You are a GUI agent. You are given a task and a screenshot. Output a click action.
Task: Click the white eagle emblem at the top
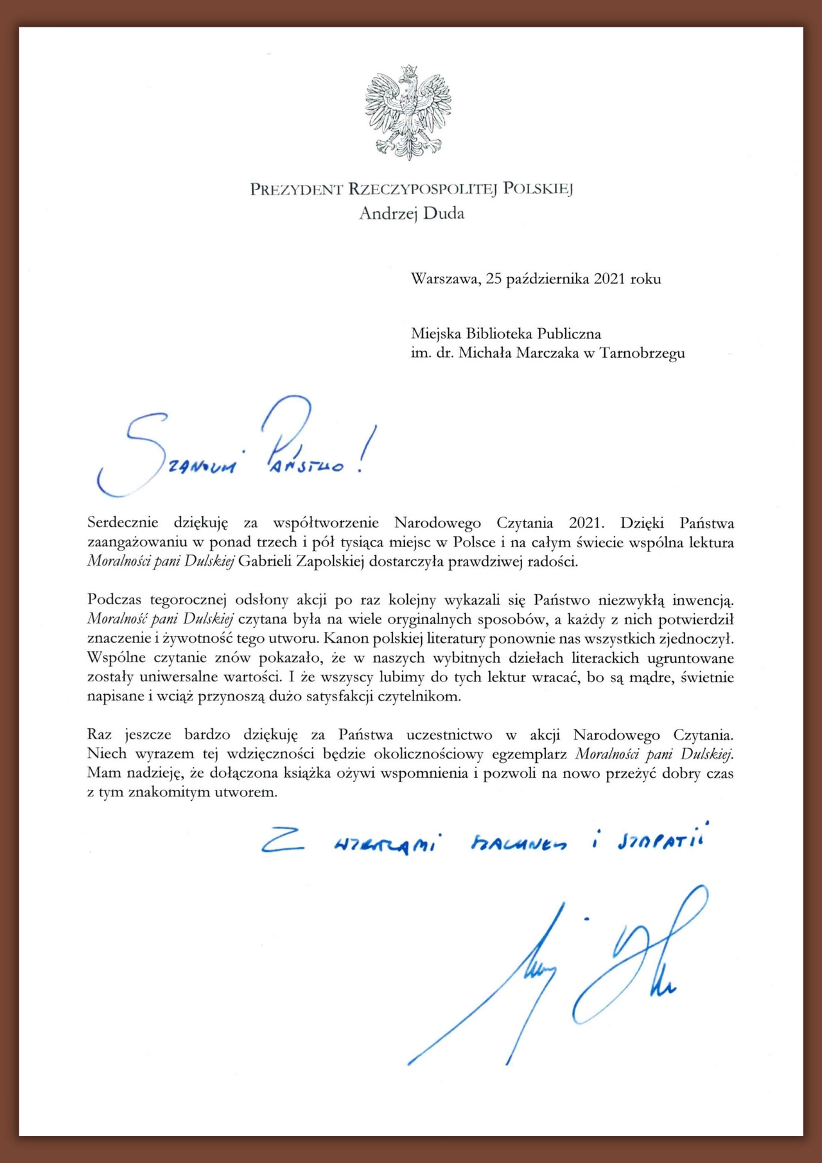[x=408, y=112]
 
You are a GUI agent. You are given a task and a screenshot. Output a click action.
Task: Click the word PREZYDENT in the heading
[x=296, y=189]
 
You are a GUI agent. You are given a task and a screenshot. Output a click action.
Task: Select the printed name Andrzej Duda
[x=412, y=214]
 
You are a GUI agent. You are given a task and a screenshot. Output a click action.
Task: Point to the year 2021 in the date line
[x=609, y=279]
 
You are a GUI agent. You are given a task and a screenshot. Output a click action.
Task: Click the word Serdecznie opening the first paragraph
[x=123, y=523]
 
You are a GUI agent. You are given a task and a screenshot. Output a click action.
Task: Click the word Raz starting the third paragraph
[x=100, y=735]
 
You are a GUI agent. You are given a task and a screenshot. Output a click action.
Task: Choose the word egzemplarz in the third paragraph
[x=529, y=754]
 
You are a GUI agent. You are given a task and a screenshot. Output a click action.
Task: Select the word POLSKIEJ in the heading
[x=538, y=189]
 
